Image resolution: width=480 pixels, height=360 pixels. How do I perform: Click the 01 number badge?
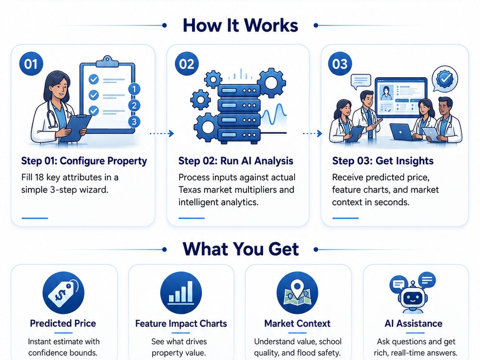point(31,64)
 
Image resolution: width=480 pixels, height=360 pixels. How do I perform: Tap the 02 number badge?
point(187,64)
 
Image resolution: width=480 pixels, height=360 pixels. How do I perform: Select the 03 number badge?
point(340,64)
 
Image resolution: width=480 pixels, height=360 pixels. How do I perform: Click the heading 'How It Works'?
point(240,25)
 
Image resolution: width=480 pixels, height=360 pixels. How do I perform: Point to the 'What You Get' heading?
point(240,249)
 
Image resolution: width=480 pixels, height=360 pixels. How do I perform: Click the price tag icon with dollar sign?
point(63,293)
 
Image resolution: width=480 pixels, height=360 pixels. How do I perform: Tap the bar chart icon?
point(181,293)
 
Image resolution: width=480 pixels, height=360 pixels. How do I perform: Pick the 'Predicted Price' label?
point(63,323)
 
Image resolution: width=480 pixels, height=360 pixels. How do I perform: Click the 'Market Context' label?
point(297,323)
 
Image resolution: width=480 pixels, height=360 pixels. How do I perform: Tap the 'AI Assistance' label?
point(414,323)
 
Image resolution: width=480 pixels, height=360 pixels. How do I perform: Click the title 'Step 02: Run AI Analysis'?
point(236,161)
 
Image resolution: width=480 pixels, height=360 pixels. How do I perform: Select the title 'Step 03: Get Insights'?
point(383,161)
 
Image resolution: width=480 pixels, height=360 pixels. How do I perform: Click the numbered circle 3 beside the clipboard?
point(134,121)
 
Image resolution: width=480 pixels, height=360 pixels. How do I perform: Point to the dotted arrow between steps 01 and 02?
point(162,133)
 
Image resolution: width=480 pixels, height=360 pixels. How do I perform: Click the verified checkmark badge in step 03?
point(445,79)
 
